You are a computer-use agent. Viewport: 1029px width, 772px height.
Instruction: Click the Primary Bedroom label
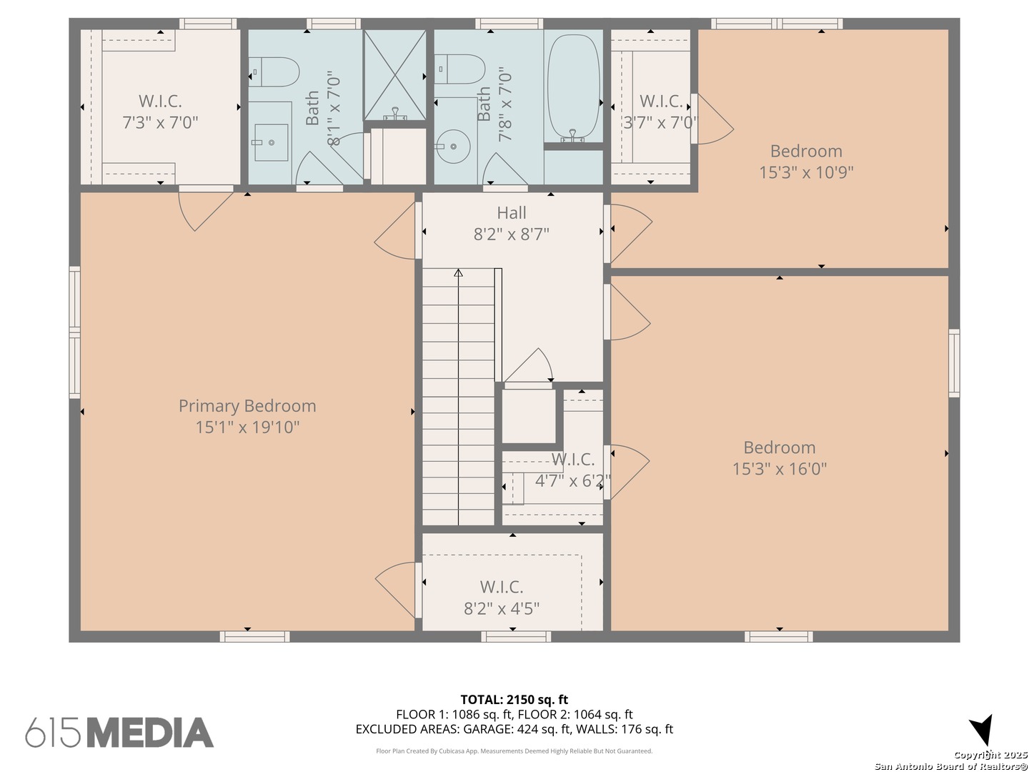pyautogui.click(x=247, y=406)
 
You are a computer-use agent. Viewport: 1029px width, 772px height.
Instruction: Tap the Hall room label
pyautogui.click(x=512, y=213)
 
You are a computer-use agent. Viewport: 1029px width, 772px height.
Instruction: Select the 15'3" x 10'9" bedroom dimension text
pyautogui.click(x=806, y=172)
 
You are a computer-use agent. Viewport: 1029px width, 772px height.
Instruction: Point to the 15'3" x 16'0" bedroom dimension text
pyautogui.click(x=779, y=469)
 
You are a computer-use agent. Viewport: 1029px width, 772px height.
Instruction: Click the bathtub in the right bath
pyautogui.click(x=573, y=88)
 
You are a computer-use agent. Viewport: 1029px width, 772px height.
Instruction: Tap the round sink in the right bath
pyautogui.click(x=453, y=147)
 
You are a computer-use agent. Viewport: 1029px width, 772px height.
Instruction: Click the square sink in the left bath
pyautogui.click(x=271, y=142)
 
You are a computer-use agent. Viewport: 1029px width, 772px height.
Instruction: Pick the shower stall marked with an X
pyautogui.click(x=395, y=75)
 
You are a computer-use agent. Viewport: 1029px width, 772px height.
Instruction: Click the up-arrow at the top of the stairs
pyautogui.click(x=459, y=273)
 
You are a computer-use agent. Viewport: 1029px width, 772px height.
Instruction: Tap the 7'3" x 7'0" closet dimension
pyautogui.click(x=160, y=123)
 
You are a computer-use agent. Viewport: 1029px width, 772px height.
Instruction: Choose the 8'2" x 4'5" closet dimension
pyautogui.click(x=502, y=608)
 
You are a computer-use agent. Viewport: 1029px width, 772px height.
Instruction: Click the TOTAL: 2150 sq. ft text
pyautogui.click(x=514, y=700)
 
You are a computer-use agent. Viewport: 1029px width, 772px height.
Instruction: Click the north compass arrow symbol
pyautogui.click(x=981, y=730)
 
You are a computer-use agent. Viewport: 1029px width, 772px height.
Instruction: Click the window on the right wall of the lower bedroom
pyautogui.click(x=954, y=363)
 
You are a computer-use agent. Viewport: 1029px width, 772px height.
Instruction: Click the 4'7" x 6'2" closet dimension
pyautogui.click(x=573, y=480)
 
